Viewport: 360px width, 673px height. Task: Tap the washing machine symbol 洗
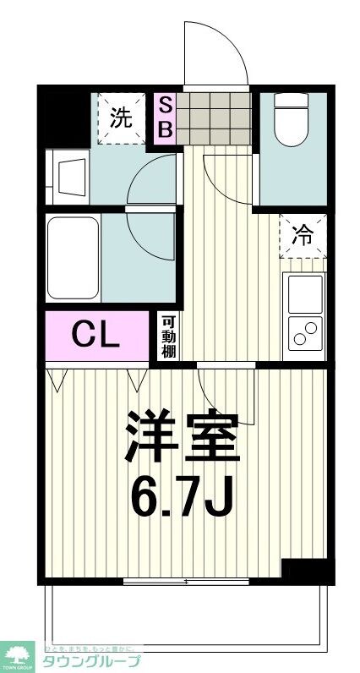(121, 118)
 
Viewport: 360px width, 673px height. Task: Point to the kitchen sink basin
(304, 293)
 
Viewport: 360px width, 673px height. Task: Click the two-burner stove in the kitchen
(304, 333)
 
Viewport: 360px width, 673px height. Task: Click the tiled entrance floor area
(213, 117)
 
